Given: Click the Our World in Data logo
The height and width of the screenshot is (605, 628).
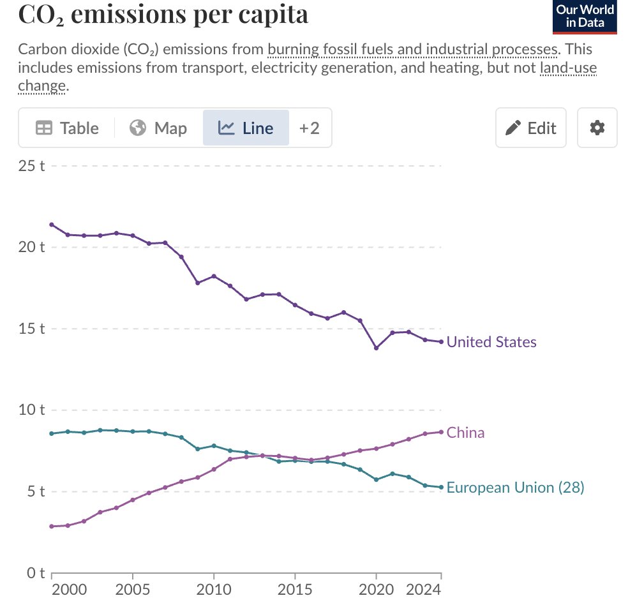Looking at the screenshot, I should [x=585, y=17].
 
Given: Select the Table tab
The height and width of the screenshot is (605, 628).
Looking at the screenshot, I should [x=67, y=128].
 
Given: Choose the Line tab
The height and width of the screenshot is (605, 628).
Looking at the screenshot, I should [x=246, y=128].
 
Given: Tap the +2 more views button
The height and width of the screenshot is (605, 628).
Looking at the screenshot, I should [x=310, y=128].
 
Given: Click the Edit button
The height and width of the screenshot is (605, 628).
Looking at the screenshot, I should [x=530, y=128].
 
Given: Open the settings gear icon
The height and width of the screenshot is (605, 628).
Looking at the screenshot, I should [x=597, y=128].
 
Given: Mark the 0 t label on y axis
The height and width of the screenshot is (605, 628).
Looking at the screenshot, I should [x=34, y=572].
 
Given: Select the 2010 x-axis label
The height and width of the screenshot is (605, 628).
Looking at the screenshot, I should [x=214, y=588].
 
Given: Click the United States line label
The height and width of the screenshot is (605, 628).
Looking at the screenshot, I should [x=491, y=342].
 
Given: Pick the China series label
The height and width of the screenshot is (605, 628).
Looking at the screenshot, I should [x=465, y=433].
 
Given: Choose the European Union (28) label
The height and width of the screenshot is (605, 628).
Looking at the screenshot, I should [x=515, y=488].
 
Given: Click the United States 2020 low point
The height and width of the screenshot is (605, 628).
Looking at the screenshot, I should [x=376, y=348].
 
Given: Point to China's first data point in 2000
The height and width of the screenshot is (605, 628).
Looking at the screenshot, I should [x=52, y=527].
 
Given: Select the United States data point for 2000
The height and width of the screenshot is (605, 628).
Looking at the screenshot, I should [x=52, y=225].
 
